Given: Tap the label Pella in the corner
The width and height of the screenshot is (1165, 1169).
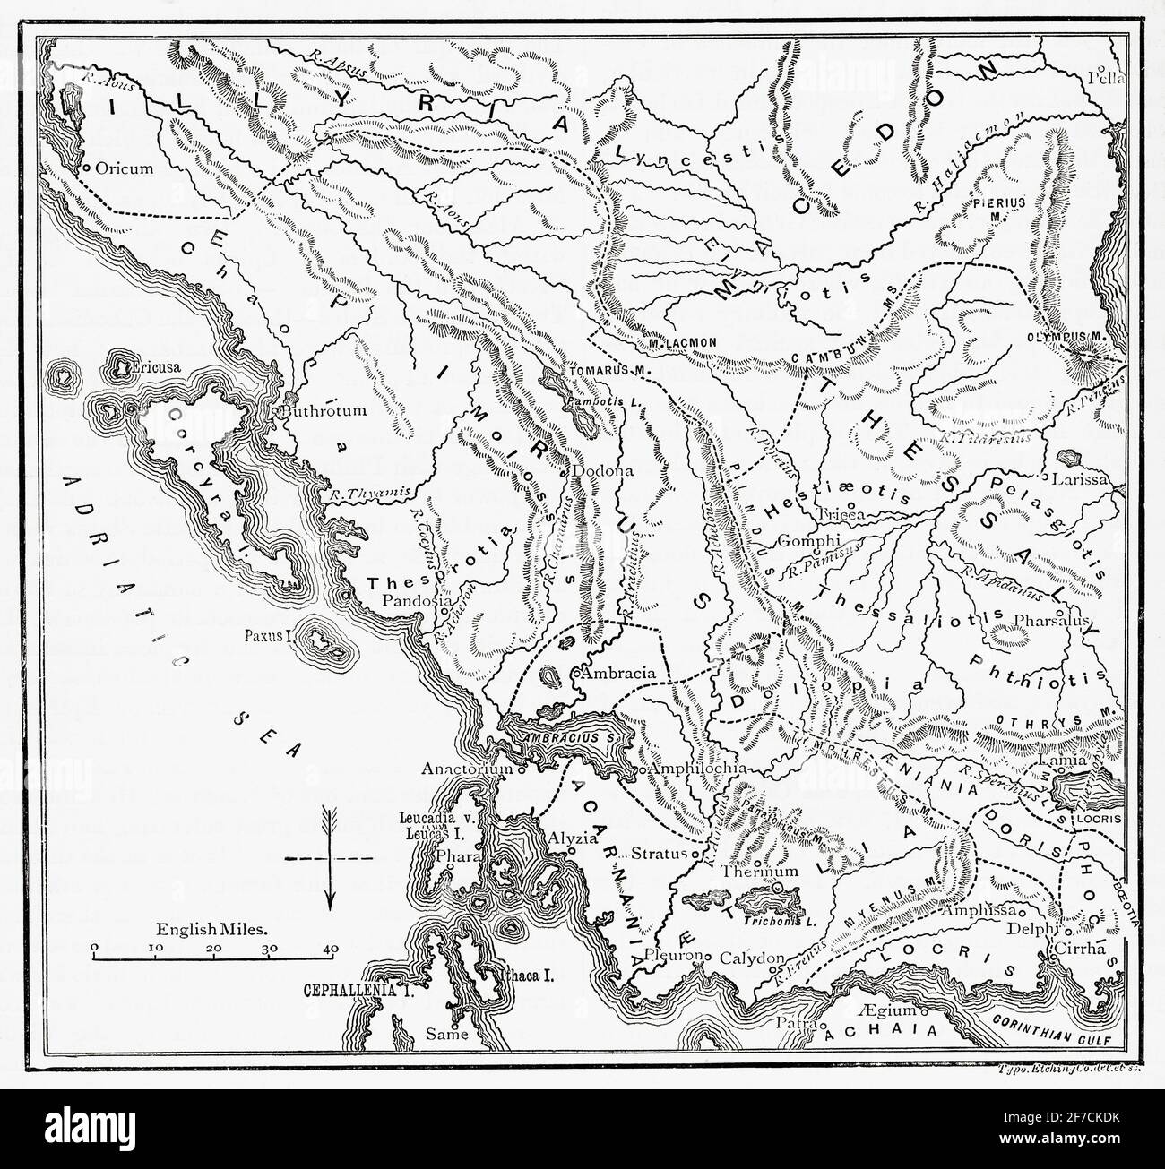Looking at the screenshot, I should [x=1104, y=76].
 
